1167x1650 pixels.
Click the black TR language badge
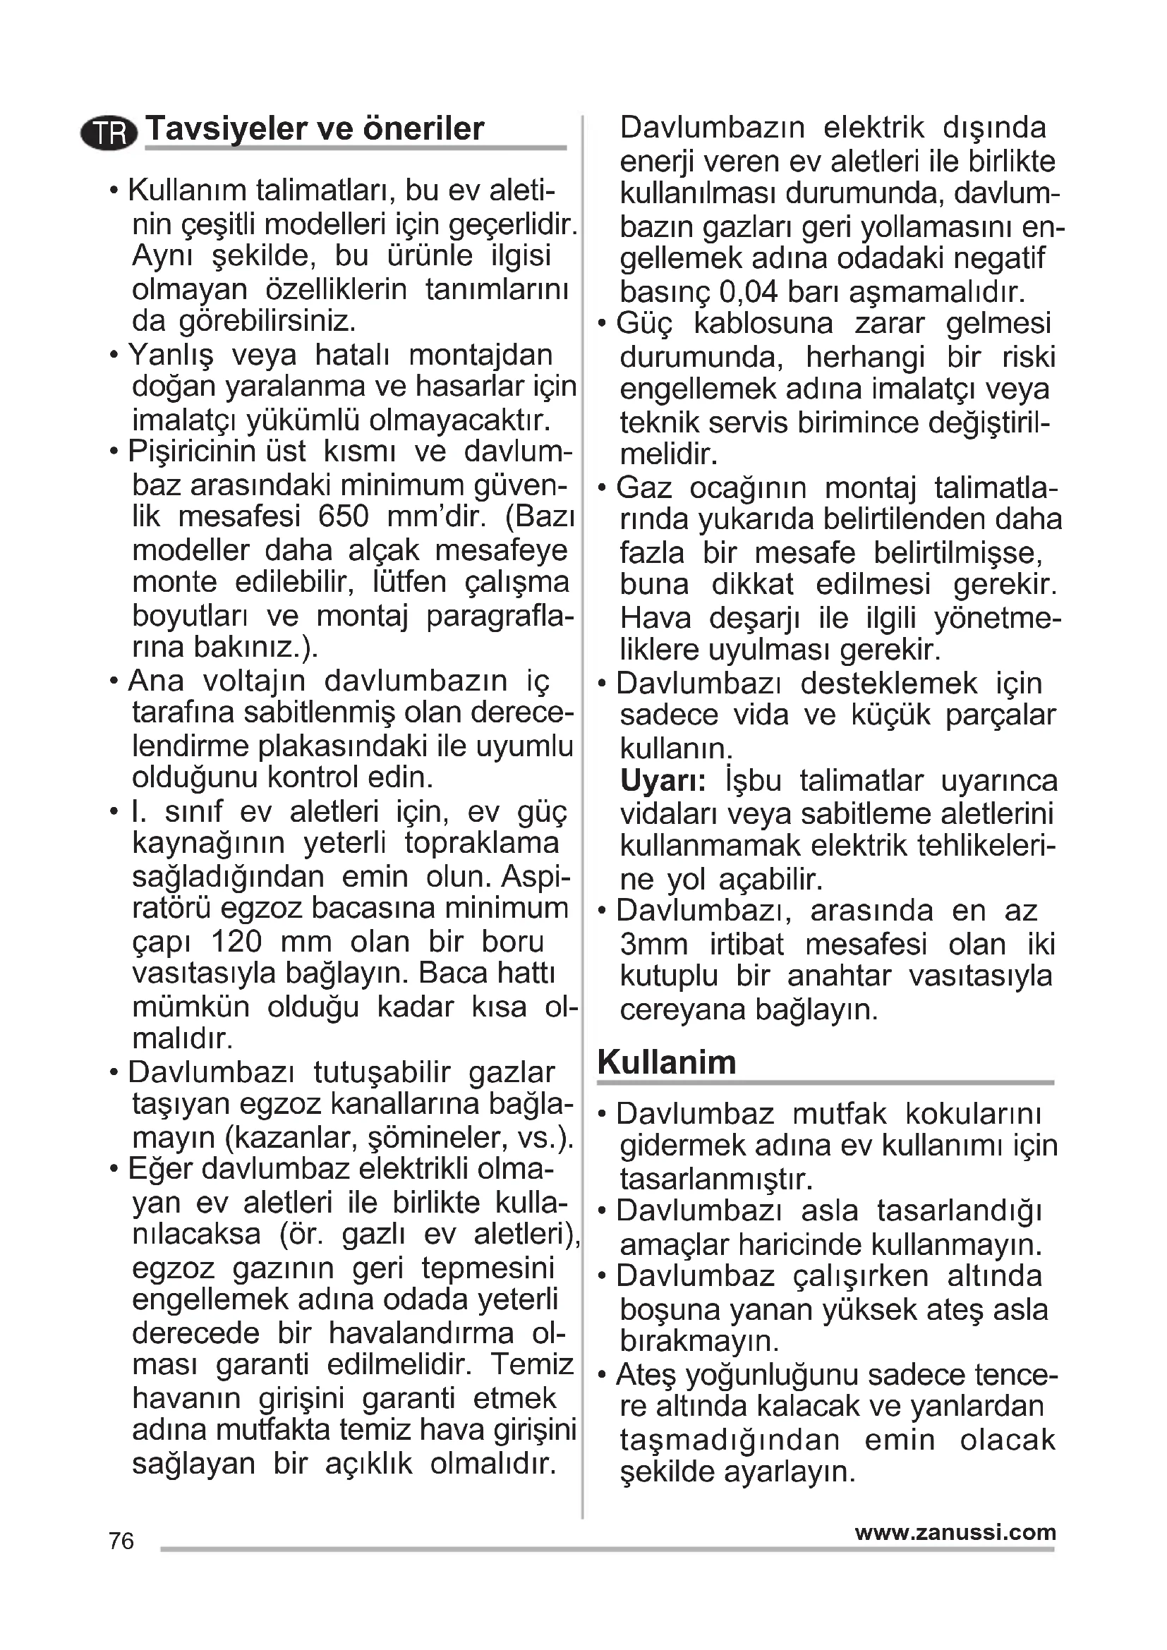(x=109, y=133)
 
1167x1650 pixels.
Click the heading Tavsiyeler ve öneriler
(x=315, y=128)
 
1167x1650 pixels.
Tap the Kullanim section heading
(x=666, y=1062)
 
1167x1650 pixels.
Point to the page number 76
(x=121, y=1541)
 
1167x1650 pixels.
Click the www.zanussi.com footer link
(x=955, y=1532)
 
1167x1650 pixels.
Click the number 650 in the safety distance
(x=343, y=516)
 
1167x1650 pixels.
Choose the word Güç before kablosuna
(x=645, y=324)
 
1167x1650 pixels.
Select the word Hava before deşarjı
(x=655, y=618)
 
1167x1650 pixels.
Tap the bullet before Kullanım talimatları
(x=114, y=191)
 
